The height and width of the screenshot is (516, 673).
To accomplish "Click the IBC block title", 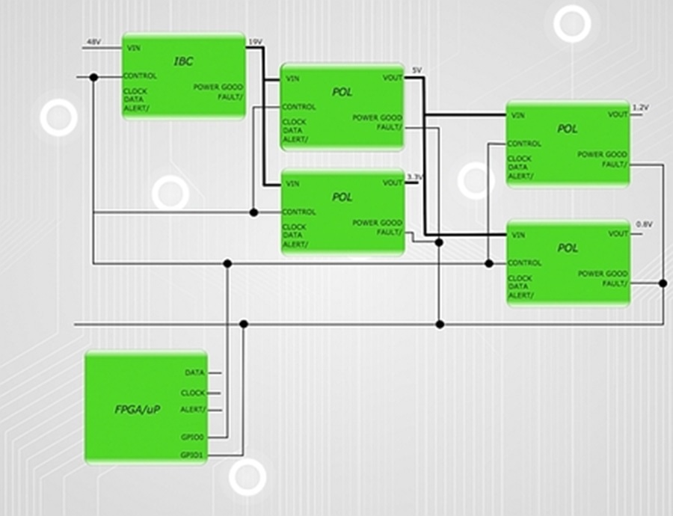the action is point(183,61).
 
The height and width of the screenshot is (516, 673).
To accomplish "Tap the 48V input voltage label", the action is point(93,42).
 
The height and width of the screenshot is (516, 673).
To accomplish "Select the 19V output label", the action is point(256,42).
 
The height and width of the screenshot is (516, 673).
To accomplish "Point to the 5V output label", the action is point(417,70).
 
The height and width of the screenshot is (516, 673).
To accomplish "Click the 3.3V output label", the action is point(414,177).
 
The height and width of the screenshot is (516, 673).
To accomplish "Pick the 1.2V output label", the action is point(641,108).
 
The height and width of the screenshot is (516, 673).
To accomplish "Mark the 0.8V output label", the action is point(645,224).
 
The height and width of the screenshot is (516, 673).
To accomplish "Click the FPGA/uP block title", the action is point(138,410).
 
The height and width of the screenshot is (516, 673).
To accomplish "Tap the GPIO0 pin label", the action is point(192,437).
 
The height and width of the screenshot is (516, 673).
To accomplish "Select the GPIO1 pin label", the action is point(192,455).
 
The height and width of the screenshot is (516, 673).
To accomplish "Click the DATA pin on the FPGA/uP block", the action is point(195,372).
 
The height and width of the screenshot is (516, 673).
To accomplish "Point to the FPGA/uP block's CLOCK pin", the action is point(193,393).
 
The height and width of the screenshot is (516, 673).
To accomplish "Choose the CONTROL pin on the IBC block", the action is point(140,76).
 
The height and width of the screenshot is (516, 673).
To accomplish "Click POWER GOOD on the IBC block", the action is point(218,87).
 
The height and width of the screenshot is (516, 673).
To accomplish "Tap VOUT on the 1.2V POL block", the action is point(618,114).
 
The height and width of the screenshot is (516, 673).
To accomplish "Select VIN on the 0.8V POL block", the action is point(518,235).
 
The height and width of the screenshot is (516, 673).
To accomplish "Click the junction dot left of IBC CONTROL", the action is point(94,77).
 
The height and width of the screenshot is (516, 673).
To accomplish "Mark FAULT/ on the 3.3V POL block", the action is point(390,233).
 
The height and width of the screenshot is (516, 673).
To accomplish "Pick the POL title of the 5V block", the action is point(342,92).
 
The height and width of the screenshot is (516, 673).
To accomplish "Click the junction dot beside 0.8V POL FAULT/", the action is point(663,283).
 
